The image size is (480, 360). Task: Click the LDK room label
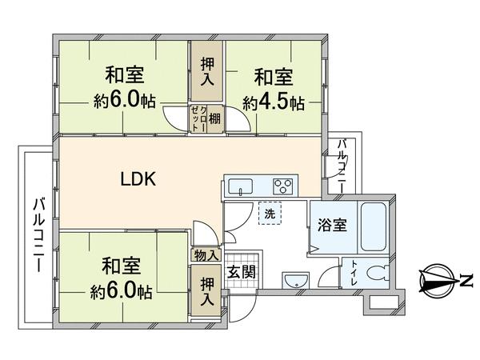pyautogui.click(x=138, y=179)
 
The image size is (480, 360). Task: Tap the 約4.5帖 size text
pyautogui.click(x=274, y=103)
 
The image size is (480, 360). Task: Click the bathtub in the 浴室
pyautogui.click(x=373, y=226)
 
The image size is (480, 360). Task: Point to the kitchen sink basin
pyautogui.click(x=241, y=186)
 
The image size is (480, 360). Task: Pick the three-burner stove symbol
pyautogui.click(x=282, y=186)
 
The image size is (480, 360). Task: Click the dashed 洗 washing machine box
pyautogui.click(x=270, y=214)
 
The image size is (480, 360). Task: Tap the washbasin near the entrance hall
pyautogui.click(x=296, y=280)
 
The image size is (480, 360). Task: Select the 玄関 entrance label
pyautogui.click(x=242, y=271)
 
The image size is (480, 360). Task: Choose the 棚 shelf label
pyautogui.click(x=214, y=118)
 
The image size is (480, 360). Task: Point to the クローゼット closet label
pyautogui.click(x=198, y=118)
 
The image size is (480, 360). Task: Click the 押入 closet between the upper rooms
pyautogui.click(x=207, y=71)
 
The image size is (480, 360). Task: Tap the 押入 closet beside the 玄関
pyautogui.click(x=206, y=291)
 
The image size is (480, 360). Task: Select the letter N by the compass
pyautogui.click(x=466, y=281)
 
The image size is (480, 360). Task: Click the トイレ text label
pyautogui.click(x=354, y=273)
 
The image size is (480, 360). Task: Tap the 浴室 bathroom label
pyautogui.click(x=332, y=225)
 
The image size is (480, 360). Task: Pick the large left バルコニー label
pyautogui.click(x=39, y=234)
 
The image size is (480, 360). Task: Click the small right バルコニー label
pyautogui.click(x=342, y=166)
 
